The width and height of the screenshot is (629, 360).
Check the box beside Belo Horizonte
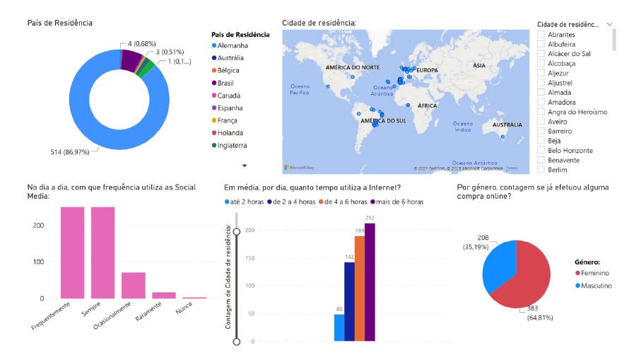coord(541,151)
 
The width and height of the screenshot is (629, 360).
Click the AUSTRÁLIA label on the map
coord(507,124)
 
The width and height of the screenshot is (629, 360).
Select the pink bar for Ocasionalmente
coord(133,285)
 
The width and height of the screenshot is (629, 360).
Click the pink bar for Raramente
coord(164,295)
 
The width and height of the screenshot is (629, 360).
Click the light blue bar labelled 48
coord(339,327)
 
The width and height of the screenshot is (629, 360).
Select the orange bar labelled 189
coord(360,288)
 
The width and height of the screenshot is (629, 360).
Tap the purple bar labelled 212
coord(370,281)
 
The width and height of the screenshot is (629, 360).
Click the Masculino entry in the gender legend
coord(594,286)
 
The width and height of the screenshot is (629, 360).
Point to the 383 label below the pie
coord(535,308)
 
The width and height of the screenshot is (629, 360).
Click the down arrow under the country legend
coord(245,165)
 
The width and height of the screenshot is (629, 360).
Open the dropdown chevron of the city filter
coord(610,23)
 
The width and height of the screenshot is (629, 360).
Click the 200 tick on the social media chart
coord(38,225)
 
